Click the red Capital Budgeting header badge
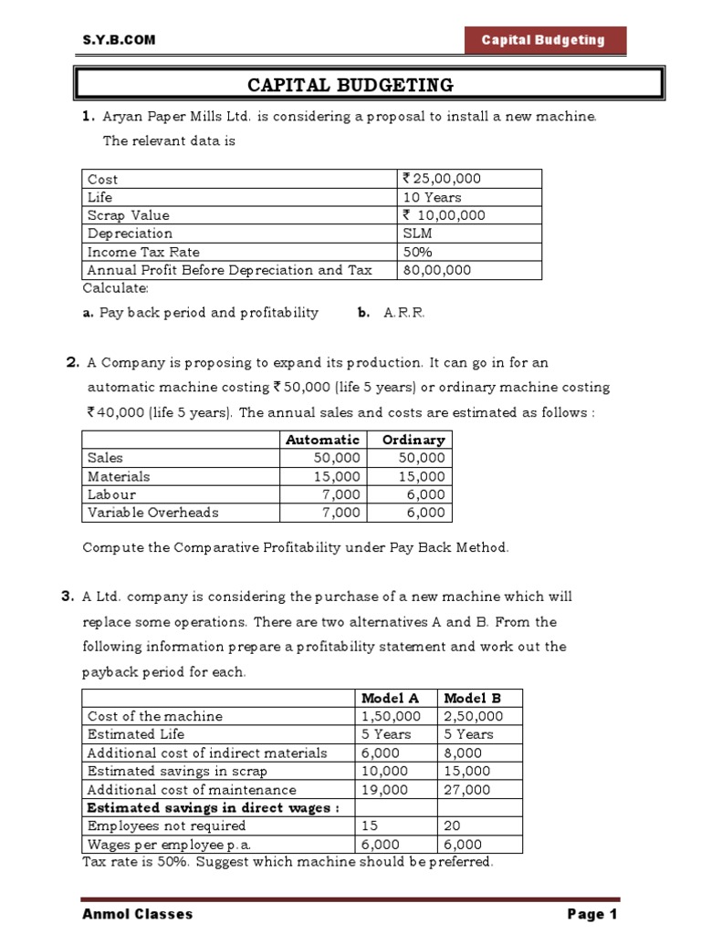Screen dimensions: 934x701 pyautogui.click(x=543, y=40)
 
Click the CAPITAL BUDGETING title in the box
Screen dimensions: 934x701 pyautogui.click(x=350, y=86)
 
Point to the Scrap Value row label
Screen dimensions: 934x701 pyautogui.click(x=129, y=215)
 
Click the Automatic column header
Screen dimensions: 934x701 pyautogui.click(x=322, y=440)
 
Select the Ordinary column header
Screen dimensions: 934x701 pyautogui.click(x=413, y=440)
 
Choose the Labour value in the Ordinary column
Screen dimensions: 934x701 pyautogui.click(x=427, y=494)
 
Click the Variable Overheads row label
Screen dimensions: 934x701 pyautogui.click(x=153, y=513)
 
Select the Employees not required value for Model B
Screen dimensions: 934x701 pyautogui.click(x=454, y=826)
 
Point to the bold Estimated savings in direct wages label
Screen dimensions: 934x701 pyautogui.click(x=213, y=808)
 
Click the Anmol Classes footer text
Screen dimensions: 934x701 pyautogui.click(x=138, y=914)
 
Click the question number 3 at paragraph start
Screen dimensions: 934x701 pyautogui.click(x=67, y=597)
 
